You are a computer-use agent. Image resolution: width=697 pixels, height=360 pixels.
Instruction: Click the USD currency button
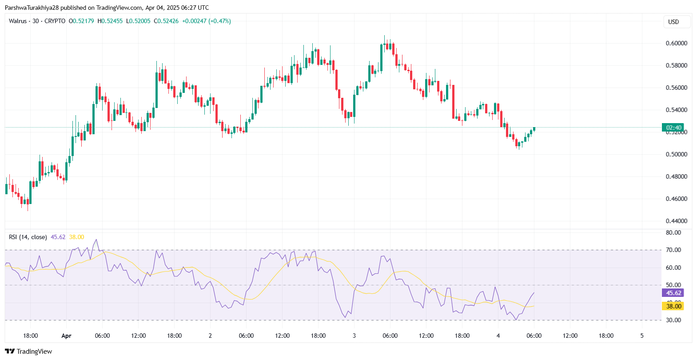[673, 22]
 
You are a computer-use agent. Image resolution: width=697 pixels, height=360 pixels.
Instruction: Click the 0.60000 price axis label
[676, 43]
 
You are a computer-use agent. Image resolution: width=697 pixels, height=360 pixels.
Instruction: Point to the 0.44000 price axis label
[676, 221]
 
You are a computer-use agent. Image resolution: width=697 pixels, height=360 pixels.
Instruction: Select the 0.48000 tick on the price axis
[676, 176]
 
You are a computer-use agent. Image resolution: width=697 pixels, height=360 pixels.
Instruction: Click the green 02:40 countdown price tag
[673, 128]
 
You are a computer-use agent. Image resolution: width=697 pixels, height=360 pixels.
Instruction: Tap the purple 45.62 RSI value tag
[673, 293]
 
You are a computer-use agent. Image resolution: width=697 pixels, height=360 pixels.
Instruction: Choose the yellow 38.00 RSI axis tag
[673, 306]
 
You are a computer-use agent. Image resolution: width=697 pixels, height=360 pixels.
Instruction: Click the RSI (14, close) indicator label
[28, 237]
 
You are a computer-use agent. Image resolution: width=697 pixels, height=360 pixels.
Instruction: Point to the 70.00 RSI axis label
[673, 250]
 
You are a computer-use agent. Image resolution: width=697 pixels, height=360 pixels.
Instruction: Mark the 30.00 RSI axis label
[673, 320]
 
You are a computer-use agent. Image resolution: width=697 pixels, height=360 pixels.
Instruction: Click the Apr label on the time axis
[66, 336]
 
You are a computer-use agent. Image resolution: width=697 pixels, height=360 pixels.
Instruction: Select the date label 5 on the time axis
[642, 336]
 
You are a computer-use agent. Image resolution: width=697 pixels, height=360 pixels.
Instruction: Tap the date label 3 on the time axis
[354, 336]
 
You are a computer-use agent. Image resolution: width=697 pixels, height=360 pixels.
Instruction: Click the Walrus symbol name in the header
[18, 21]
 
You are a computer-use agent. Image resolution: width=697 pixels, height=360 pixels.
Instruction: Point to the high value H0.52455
[110, 21]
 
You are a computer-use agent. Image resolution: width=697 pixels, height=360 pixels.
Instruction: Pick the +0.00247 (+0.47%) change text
[207, 21]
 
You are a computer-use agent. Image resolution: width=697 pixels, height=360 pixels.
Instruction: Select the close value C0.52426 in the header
[166, 21]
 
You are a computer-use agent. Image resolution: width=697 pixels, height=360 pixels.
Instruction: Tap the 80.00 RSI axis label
[673, 232]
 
